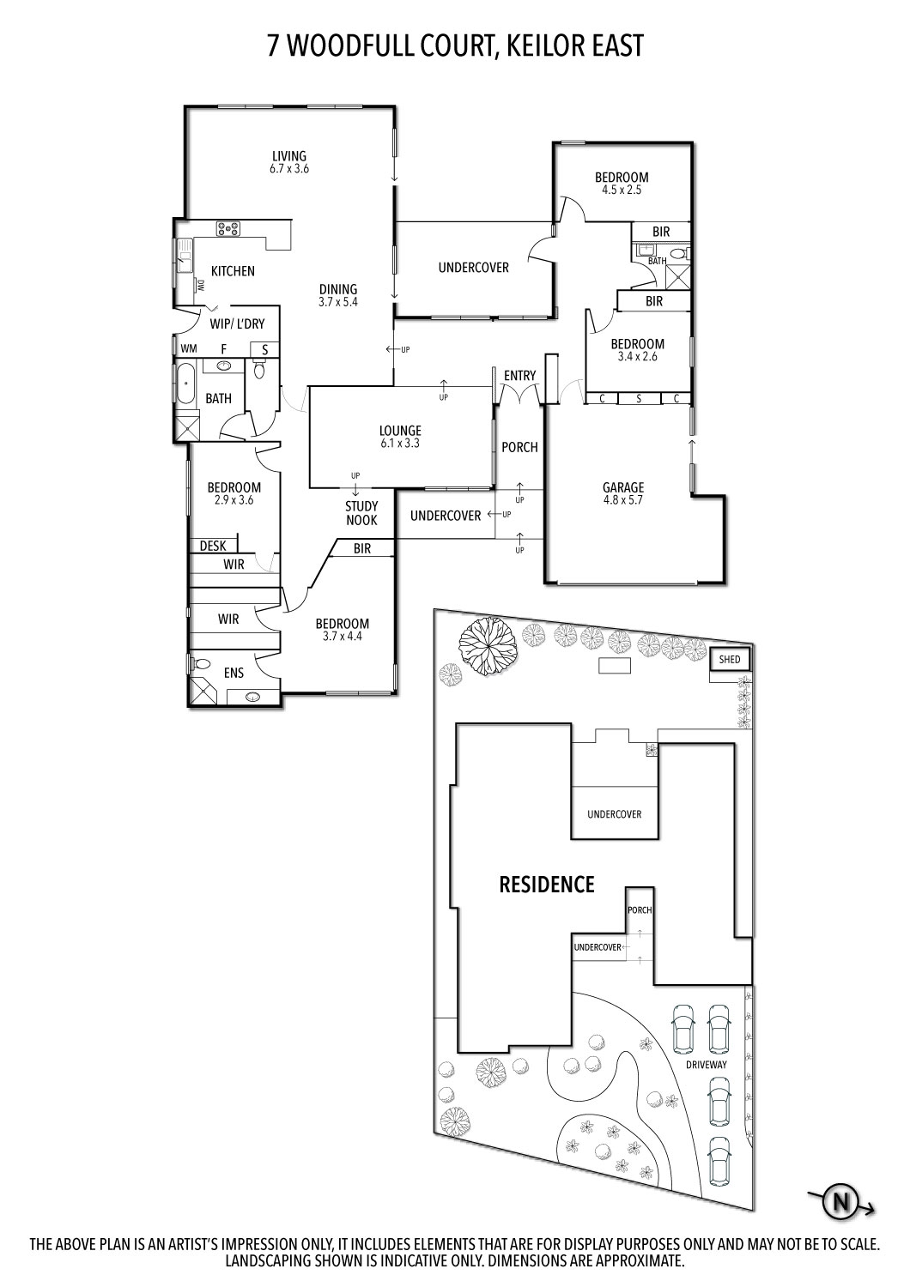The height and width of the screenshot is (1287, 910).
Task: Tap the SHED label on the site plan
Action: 730,659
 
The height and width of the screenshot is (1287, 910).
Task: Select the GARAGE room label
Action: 623,487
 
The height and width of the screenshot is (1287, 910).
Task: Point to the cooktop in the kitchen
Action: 228,229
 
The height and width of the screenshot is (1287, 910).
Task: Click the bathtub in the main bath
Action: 185,383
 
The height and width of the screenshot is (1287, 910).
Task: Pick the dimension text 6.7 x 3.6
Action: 289,169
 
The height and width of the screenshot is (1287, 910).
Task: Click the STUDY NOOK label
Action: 361,513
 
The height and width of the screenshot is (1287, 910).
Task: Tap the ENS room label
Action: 234,673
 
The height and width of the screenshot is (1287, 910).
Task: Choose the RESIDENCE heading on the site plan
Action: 547,885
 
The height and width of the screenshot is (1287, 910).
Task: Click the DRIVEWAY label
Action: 706,1064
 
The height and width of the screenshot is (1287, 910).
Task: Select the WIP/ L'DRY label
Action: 237,324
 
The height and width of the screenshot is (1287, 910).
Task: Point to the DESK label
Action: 213,546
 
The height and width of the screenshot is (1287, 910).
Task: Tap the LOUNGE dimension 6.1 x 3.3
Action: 400,444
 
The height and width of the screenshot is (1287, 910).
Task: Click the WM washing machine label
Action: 189,348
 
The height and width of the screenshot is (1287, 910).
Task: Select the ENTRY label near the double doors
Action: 519,375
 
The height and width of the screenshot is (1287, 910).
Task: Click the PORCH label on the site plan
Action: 640,910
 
